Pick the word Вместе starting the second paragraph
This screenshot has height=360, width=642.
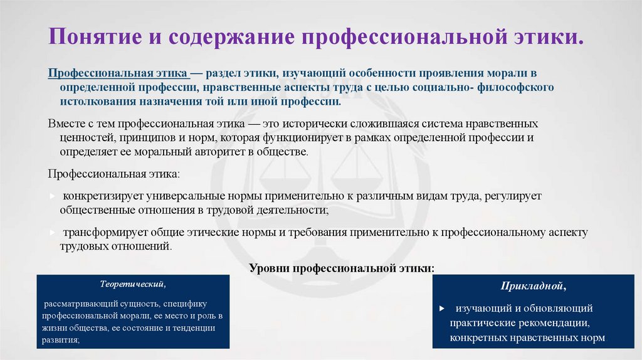click(x=66, y=124)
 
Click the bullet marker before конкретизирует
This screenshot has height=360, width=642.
click(x=53, y=196)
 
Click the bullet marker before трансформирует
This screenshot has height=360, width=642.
click(x=53, y=233)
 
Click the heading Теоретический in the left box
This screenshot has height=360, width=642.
click(x=134, y=283)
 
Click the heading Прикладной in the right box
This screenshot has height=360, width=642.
click(x=533, y=287)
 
